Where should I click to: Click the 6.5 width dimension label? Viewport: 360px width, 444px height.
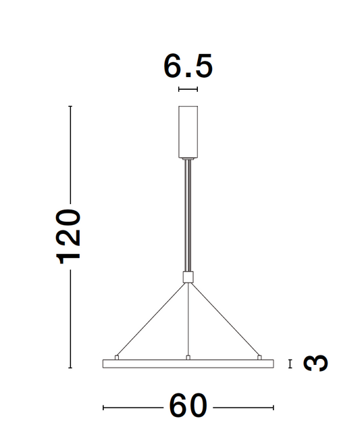[x=188, y=66]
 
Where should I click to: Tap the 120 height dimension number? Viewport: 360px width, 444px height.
[x=69, y=236]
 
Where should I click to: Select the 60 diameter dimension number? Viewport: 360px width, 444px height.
[x=188, y=407]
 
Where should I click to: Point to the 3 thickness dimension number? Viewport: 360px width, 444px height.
[x=315, y=364]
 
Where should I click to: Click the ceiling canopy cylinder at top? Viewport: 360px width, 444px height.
[x=188, y=131]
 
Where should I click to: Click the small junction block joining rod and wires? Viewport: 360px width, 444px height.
[x=188, y=276]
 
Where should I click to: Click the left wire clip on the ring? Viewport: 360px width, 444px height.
[x=117, y=356]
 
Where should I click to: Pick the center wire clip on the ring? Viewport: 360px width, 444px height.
[x=188, y=356]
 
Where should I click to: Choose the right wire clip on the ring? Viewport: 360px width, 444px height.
[x=259, y=356]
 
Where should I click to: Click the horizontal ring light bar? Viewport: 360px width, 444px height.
[x=188, y=364]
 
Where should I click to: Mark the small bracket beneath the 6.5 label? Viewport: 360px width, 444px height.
[x=188, y=89]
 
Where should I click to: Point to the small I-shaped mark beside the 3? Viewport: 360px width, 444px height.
[x=290, y=364]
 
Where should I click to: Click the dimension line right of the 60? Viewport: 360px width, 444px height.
[x=243, y=408]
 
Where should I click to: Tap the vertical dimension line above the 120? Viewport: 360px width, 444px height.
[x=70, y=155]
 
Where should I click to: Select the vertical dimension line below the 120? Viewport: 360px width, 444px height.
[x=70, y=318]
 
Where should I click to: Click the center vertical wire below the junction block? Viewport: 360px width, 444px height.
[x=188, y=318]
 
